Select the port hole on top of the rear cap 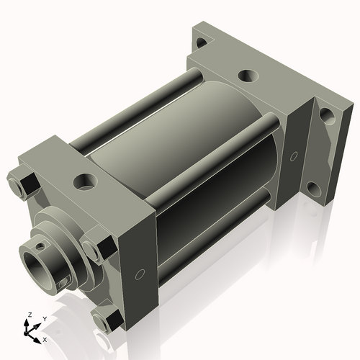[x=247, y=74]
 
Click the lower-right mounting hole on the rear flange [x=314, y=191]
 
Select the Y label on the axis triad [x=44, y=318]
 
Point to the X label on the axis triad [x=45, y=338]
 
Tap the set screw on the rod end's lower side [x=65, y=282]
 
